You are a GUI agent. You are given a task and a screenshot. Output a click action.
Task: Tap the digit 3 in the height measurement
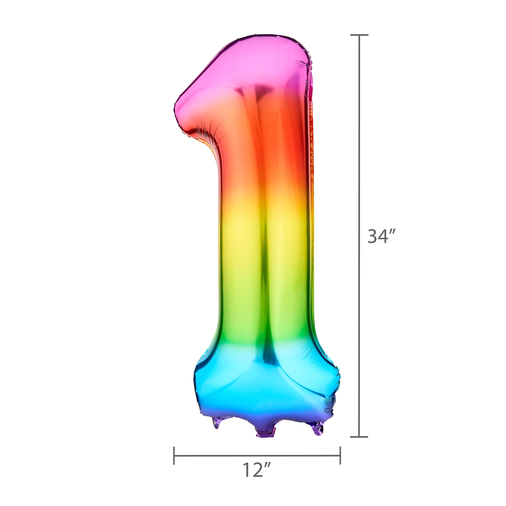point(372,236)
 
